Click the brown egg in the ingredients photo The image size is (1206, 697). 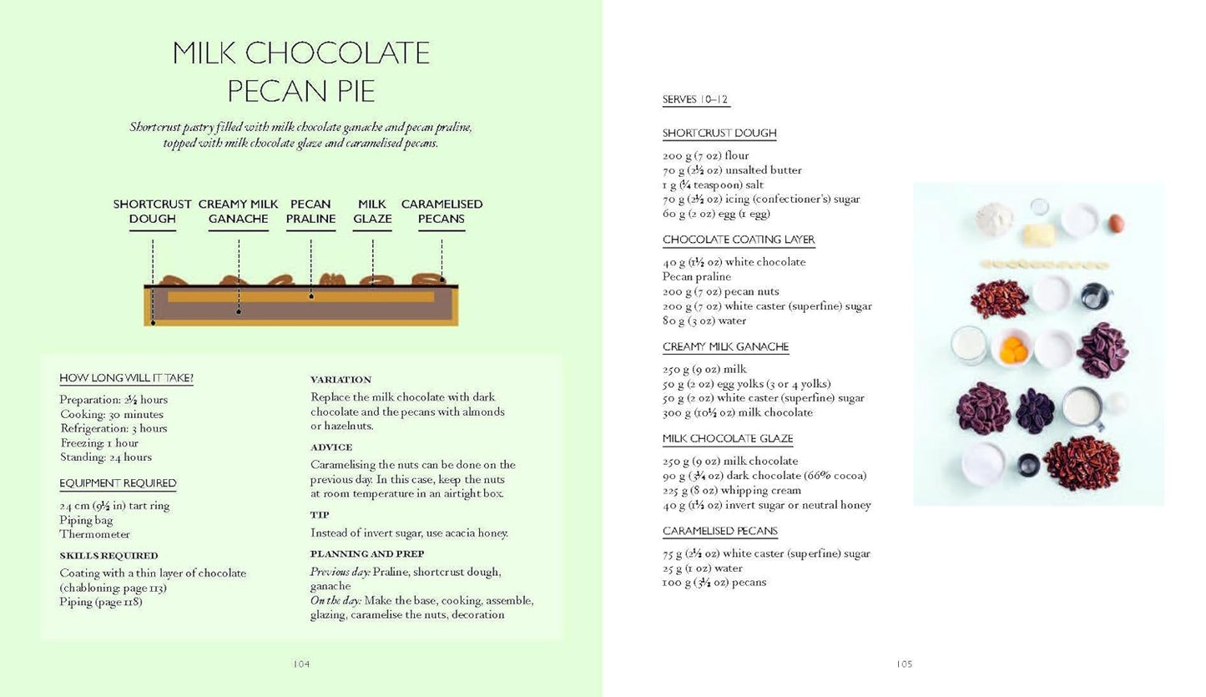point(1116,223)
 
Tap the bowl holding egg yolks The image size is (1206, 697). point(1013,348)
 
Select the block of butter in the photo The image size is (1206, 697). point(1038,235)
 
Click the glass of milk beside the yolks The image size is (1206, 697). point(969,345)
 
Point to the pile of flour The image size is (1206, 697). point(994,219)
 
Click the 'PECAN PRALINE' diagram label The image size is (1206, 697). point(310,212)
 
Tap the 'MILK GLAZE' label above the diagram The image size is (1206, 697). point(372,212)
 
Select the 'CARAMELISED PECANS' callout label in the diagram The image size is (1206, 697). point(442,212)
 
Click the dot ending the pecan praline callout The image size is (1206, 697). point(310,296)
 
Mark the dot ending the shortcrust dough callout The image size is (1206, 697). point(153,321)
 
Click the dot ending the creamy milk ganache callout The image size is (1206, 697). point(239,311)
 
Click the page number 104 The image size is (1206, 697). point(301,664)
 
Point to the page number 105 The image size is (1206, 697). point(905,664)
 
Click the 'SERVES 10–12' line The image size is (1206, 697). point(695,99)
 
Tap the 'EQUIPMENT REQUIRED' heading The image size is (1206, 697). point(118,483)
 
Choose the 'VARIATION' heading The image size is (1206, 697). point(341,380)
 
